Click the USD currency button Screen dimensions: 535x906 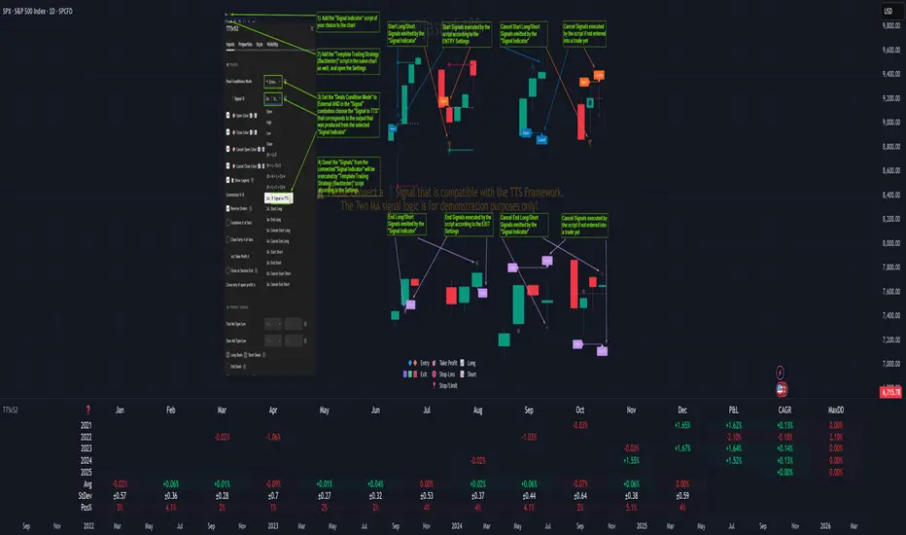tap(887, 11)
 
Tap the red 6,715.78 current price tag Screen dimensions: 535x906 tap(889, 392)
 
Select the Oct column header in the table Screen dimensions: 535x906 tap(580, 410)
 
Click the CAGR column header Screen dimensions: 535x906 tap(786, 410)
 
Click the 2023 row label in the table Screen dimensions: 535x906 tap(87, 446)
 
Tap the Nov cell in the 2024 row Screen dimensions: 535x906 tap(631, 458)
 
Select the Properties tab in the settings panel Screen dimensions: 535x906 tap(245, 45)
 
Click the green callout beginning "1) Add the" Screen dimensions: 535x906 tap(345, 23)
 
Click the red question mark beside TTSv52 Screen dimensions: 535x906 tap(88, 410)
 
